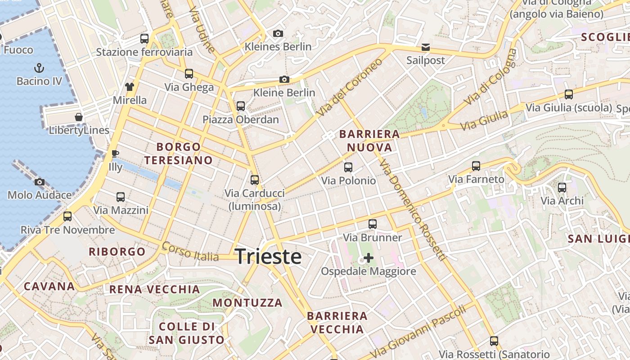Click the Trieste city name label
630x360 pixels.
click(x=268, y=256)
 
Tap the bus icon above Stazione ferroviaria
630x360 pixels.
click(x=144, y=39)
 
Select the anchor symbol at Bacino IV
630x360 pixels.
click(x=39, y=68)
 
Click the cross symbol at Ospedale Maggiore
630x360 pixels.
click(x=369, y=258)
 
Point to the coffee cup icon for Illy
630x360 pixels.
click(x=115, y=154)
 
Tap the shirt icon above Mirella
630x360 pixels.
click(x=130, y=87)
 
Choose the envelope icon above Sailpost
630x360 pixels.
click(x=425, y=47)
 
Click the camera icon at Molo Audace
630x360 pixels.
click(x=40, y=182)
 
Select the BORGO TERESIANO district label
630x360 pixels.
click(x=178, y=153)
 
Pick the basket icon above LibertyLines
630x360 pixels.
click(x=79, y=117)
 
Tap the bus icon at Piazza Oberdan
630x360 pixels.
click(x=241, y=106)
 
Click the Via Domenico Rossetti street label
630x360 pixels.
click(x=412, y=210)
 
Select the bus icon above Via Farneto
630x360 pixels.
click(x=476, y=166)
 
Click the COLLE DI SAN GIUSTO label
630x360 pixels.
click(x=186, y=333)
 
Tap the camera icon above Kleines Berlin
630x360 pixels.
click(x=278, y=33)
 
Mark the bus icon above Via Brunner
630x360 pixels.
click(x=372, y=224)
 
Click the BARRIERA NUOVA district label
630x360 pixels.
click(x=369, y=140)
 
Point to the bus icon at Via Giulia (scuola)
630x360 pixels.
click(x=569, y=94)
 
